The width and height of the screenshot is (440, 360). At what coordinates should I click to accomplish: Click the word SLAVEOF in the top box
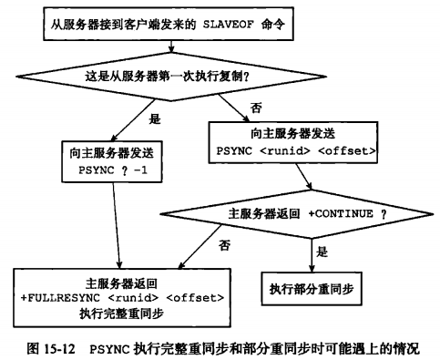point(228,25)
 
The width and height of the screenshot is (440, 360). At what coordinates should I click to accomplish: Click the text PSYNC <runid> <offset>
point(296,151)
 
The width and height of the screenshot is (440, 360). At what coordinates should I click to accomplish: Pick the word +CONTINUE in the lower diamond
point(341,214)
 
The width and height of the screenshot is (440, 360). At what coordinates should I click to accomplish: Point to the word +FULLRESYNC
point(60,298)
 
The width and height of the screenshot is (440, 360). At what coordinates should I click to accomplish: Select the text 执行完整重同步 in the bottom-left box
point(122,314)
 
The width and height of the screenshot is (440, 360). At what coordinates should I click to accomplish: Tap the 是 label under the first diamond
point(155,118)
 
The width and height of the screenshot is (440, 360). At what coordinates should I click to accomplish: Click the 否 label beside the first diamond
point(256,108)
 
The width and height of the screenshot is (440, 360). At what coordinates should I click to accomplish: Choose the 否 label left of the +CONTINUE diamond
point(224,245)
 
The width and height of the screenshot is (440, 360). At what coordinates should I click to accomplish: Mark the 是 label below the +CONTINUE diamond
point(322,252)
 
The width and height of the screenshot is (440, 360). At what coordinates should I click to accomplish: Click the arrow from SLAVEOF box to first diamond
point(171,46)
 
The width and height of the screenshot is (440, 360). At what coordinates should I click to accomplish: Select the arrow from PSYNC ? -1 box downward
point(117,225)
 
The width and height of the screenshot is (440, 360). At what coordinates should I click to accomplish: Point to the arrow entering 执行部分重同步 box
point(312,255)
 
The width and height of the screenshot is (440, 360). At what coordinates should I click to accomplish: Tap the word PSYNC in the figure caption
point(110,349)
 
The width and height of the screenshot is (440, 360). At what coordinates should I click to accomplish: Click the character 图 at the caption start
point(33,348)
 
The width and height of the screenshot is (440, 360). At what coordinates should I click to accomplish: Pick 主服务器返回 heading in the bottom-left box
point(121,283)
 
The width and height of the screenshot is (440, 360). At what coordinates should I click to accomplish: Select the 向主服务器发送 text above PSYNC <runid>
point(293,134)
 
